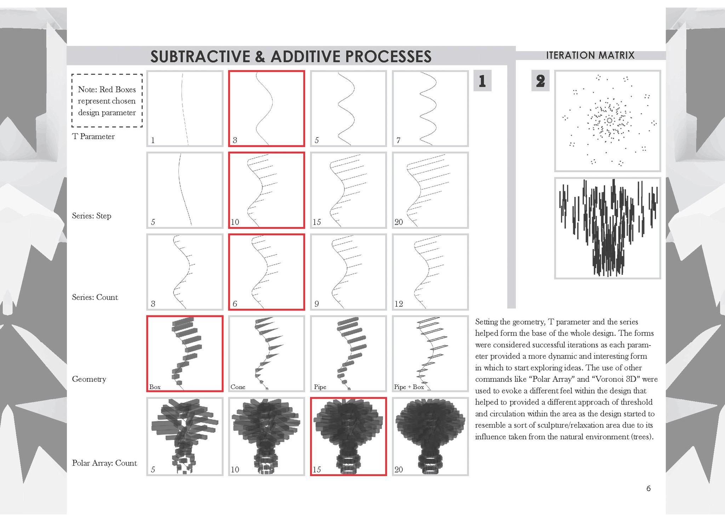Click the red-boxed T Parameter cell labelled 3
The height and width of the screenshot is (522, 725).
[267, 109]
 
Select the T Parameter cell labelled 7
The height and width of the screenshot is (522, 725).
[430, 109]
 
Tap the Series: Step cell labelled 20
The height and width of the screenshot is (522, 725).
[430, 190]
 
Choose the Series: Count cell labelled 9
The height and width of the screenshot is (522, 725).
[348, 272]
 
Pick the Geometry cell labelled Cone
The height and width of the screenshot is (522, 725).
[267, 354]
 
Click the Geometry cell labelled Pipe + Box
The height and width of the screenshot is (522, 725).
[430, 354]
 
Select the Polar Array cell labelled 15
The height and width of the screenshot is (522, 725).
[348, 436]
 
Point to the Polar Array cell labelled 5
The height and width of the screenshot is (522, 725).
[185, 436]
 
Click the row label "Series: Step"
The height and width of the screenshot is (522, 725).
[92, 216]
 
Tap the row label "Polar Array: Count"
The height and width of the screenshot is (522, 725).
[104, 463]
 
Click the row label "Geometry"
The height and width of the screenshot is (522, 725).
[89, 379]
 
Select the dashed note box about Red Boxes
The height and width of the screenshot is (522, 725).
[107, 100]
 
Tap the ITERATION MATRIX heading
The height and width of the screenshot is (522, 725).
[590, 55]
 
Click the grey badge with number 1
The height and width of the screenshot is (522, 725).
[482, 81]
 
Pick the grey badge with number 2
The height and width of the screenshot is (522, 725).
[540, 81]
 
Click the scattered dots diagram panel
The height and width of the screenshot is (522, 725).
[607, 121]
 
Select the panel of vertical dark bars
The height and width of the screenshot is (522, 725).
[607, 228]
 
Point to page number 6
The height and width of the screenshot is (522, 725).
[649, 488]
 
